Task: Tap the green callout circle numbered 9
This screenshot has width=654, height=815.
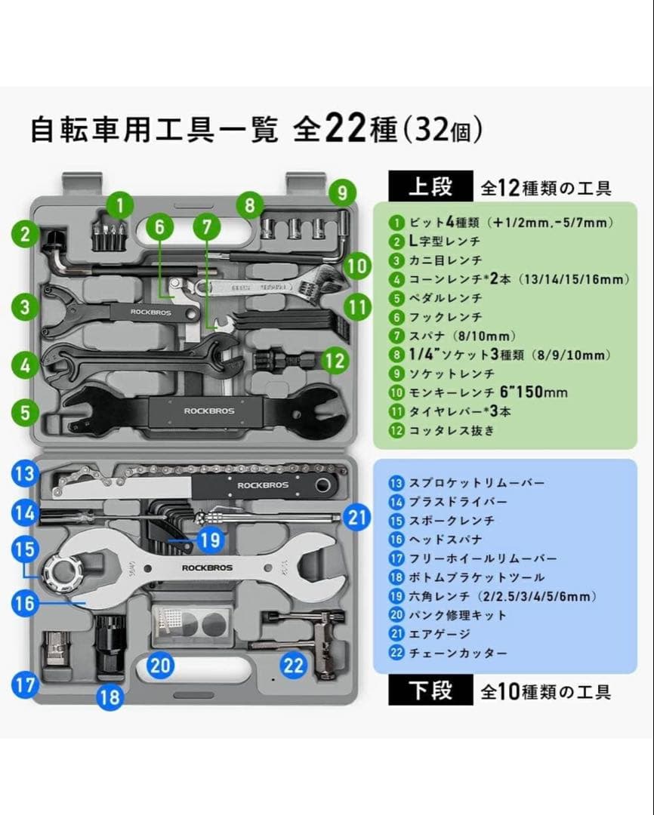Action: pos(342,192)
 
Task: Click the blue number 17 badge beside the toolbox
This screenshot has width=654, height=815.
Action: pos(26,685)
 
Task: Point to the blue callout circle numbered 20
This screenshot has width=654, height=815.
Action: pos(161,666)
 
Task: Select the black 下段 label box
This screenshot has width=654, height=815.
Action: pos(430,690)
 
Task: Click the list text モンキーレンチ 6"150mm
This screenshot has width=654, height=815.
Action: pos(487,392)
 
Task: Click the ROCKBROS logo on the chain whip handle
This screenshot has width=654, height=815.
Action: pos(258,485)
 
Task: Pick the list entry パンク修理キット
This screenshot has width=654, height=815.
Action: pos(458,615)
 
